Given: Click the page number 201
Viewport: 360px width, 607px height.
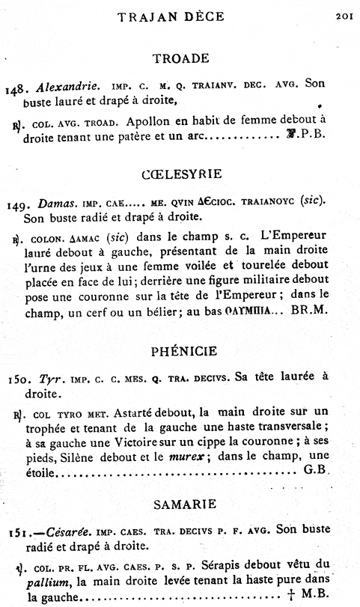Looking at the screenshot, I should (344, 13).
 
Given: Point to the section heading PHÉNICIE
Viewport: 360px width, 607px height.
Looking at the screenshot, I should (180, 350).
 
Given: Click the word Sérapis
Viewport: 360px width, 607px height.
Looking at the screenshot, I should (229, 567).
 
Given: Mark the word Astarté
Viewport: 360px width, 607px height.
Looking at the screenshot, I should (126, 412).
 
